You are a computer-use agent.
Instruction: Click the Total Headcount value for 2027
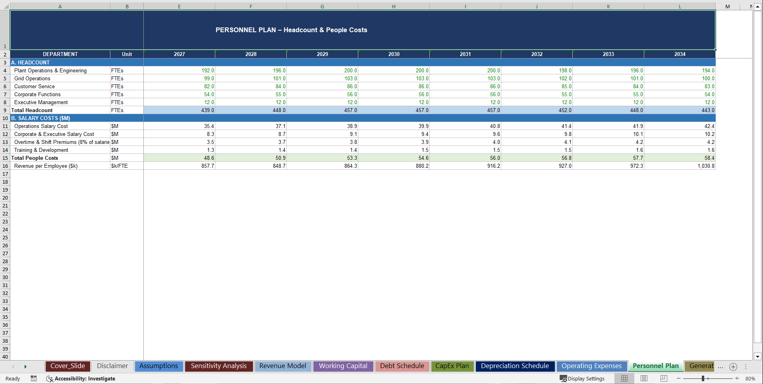pyautogui.click(x=180, y=110)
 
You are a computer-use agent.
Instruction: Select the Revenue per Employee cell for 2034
pyautogui.click(x=680, y=166)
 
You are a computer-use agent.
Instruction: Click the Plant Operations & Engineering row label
pyautogui.click(x=50, y=70)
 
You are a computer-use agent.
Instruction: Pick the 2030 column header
pyautogui.click(x=394, y=54)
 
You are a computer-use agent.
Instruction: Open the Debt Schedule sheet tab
pyautogui.click(x=402, y=366)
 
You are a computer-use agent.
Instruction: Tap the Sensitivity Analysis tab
pyautogui.click(x=218, y=366)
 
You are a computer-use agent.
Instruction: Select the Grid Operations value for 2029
pyautogui.click(x=322, y=78)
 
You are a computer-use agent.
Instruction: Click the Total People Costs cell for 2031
pyautogui.click(x=465, y=158)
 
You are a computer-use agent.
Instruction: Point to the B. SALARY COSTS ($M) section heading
pyautogui.click(x=41, y=118)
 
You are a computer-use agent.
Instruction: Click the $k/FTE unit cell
pyautogui.click(x=120, y=166)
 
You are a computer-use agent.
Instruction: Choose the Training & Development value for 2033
pyautogui.click(x=608, y=150)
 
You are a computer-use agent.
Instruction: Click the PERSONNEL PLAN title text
pyautogui.click(x=291, y=30)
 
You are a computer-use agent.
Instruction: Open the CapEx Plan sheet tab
pyautogui.click(x=452, y=366)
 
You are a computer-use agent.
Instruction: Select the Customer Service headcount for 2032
pyautogui.click(x=537, y=86)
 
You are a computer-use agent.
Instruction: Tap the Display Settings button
pyautogui.click(x=582, y=378)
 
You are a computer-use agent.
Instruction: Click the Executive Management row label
pyautogui.click(x=41, y=102)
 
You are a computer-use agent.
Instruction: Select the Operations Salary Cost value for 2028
pyautogui.click(x=251, y=126)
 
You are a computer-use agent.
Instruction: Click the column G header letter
pyautogui.click(x=322, y=6)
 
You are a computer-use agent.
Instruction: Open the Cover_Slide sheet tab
pyautogui.click(x=68, y=366)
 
